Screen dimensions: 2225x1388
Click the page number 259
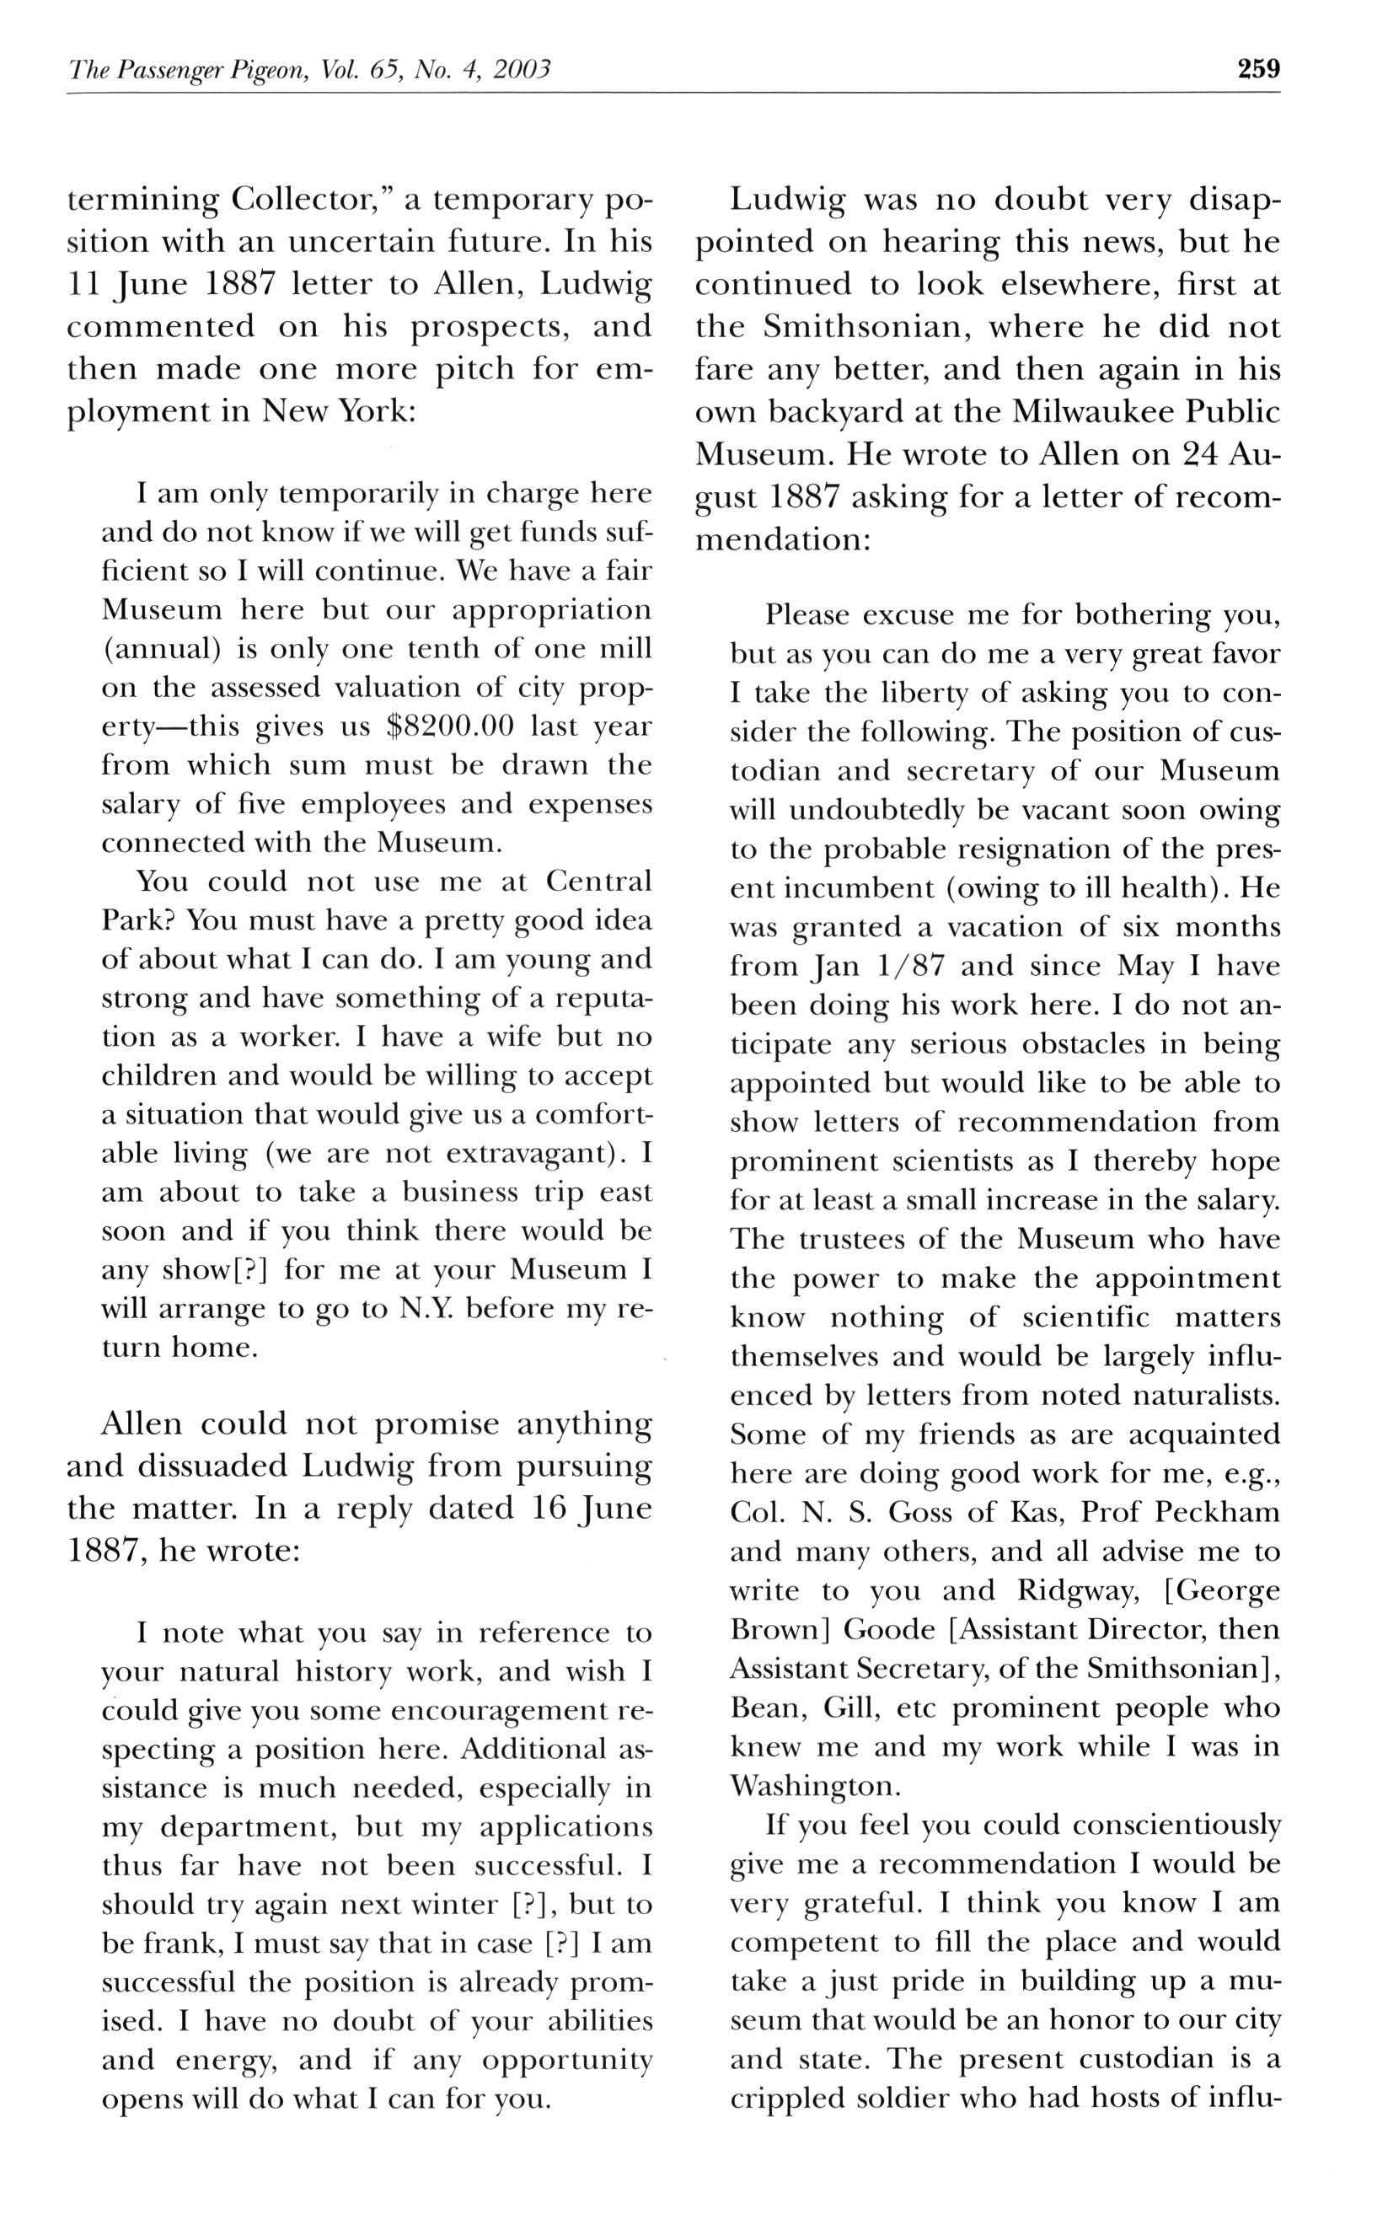(1257, 69)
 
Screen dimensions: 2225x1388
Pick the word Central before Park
(598, 882)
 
